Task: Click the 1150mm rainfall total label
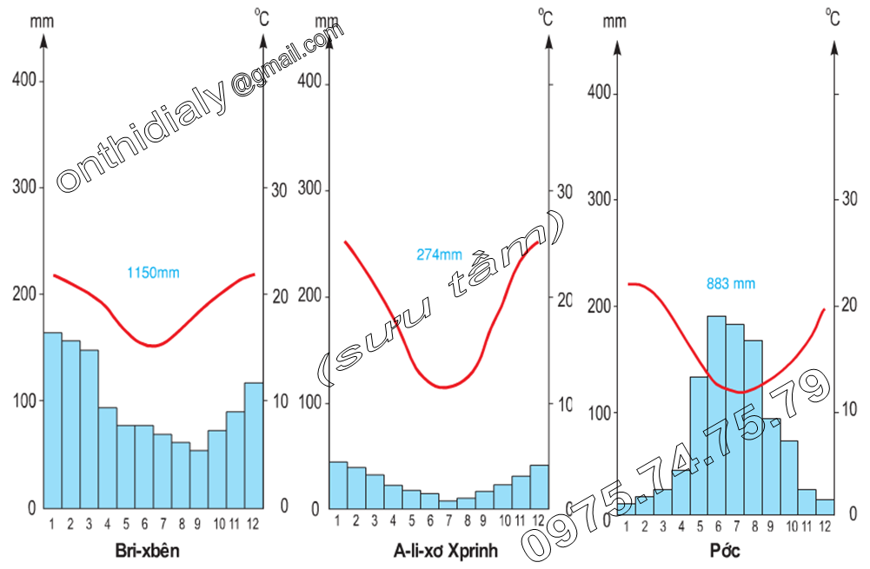(153, 273)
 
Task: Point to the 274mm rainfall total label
(439, 255)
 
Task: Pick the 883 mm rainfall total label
(730, 283)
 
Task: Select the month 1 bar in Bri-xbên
(52, 420)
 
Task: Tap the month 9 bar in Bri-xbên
(198, 479)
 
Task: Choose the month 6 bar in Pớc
(716, 417)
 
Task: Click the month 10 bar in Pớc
(788, 478)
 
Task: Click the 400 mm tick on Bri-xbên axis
(23, 81)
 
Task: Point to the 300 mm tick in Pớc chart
(600, 200)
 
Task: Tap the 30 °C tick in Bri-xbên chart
(279, 189)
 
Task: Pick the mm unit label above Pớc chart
(614, 20)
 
